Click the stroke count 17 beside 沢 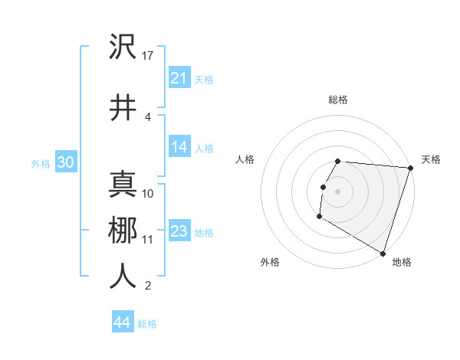[x=149, y=56]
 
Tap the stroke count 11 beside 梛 [x=148, y=239]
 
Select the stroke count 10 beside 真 [x=148, y=193]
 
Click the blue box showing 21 [x=179, y=77]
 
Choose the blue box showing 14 [x=179, y=147]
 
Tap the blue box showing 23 [x=179, y=231]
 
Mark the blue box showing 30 [x=65, y=163]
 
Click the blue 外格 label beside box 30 [x=40, y=164]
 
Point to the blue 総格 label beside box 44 [x=147, y=324]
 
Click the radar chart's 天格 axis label [x=431, y=159]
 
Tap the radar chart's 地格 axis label [x=402, y=262]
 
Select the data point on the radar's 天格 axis [x=410, y=168]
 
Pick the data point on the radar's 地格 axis [x=383, y=253]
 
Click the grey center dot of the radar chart [x=337, y=191]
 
